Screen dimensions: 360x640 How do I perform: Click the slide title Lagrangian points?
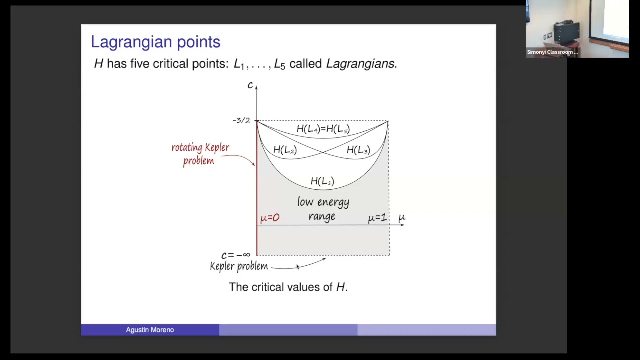[x=155, y=42]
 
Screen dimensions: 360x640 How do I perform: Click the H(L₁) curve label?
[x=322, y=181]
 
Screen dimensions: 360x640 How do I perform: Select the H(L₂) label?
[x=285, y=150]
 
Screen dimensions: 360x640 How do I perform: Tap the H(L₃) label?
[x=358, y=150]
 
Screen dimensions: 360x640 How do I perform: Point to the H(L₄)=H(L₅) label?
[x=323, y=129]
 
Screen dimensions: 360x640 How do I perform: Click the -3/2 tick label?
[x=241, y=120]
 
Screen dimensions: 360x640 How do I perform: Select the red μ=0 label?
[x=270, y=218]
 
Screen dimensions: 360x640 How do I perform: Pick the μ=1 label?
[x=377, y=218]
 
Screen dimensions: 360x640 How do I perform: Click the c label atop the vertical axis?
[x=250, y=85]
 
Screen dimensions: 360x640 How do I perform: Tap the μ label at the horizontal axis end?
[x=402, y=218]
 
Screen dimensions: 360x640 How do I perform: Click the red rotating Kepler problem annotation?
[x=200, y=154]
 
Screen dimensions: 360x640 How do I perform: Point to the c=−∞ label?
[x=235, y=255]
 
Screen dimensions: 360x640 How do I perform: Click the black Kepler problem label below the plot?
[x=239, y=266]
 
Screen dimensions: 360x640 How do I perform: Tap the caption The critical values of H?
[x=288, y=287]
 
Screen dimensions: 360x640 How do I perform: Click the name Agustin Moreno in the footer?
[x=150, y=330]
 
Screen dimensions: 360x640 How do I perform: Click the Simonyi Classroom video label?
[x=552, y=52]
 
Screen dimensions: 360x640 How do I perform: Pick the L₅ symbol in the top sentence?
[x=280, y=64]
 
